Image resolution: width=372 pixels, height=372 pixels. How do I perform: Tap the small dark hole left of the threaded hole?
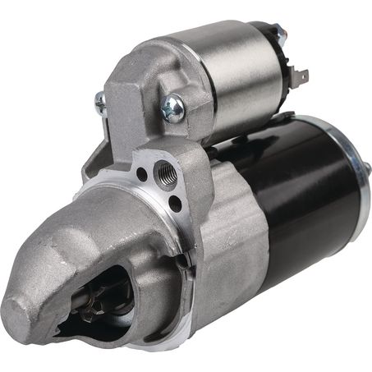[143, 174]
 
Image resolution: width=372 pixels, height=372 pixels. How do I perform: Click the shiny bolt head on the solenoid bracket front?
[173, 108]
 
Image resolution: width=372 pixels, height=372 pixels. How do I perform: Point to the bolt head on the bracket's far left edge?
[100, 103]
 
